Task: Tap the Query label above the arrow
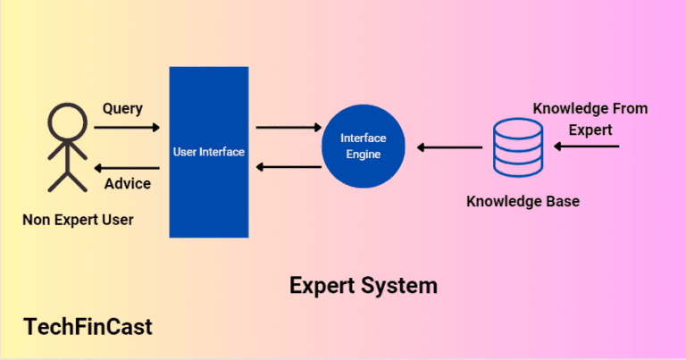tap(123, 108)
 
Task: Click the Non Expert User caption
tap(79, 219)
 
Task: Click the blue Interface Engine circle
tap(361, 147)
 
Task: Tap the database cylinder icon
tap(517, 147)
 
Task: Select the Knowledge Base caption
tap(523, 202)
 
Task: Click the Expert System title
tap(364, 286)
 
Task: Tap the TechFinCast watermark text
tap(88, 327)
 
